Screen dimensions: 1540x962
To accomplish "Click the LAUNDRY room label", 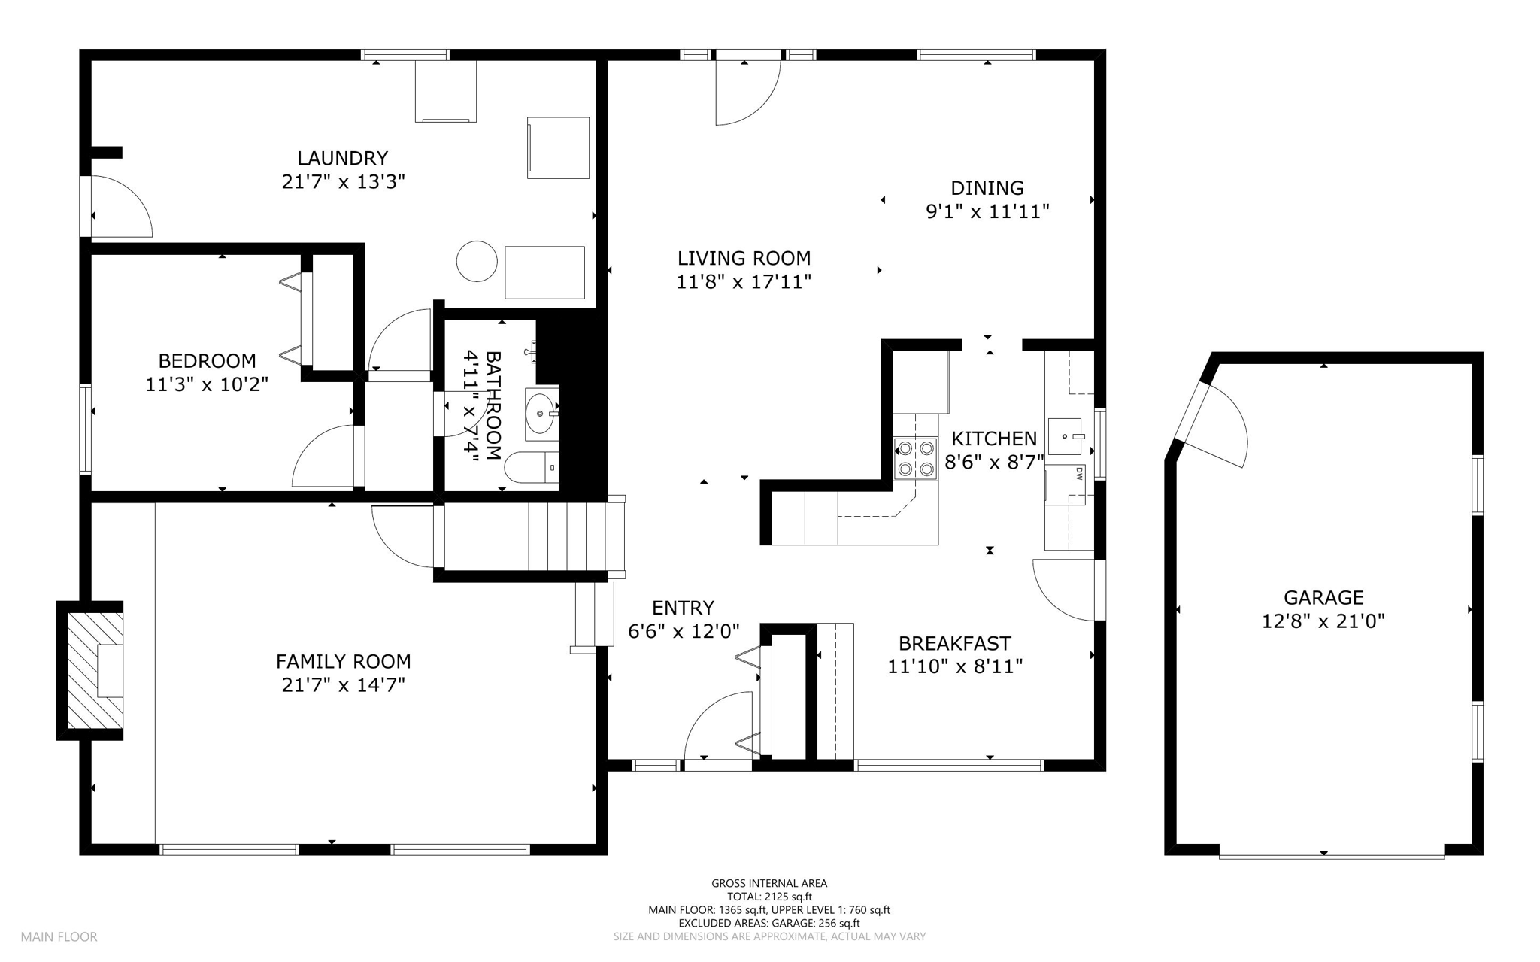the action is pos(342,158).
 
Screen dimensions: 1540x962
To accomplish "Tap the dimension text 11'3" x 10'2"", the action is pos(207,384).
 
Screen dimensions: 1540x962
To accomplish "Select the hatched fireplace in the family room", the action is pos(95,671).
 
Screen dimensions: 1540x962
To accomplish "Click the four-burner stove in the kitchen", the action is pos(915,459).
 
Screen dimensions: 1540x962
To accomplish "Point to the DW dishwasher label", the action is pos(1080,474).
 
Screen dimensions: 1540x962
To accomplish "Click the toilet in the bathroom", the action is pos(531,467).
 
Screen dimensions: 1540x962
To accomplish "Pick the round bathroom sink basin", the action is pos(540,413).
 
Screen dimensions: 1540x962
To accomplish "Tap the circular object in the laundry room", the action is pos(477,261).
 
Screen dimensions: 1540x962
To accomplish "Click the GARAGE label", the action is pos(1323,597).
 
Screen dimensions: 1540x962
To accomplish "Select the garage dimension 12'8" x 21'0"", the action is pos(1323,621).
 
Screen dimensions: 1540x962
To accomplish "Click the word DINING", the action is pos(987,187).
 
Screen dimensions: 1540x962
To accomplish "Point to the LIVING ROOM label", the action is pos(744,258).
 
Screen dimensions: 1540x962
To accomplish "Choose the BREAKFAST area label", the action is pos(955,643).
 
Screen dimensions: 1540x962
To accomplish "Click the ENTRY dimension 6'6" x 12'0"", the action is pos(684,631).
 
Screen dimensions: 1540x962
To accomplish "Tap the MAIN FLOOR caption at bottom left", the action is pos(59,937).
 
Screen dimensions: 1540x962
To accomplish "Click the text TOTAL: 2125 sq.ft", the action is pos(769,897).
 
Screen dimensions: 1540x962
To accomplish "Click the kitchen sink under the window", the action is pos(1065,437).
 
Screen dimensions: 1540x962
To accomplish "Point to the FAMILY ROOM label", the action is pos(343,661).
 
